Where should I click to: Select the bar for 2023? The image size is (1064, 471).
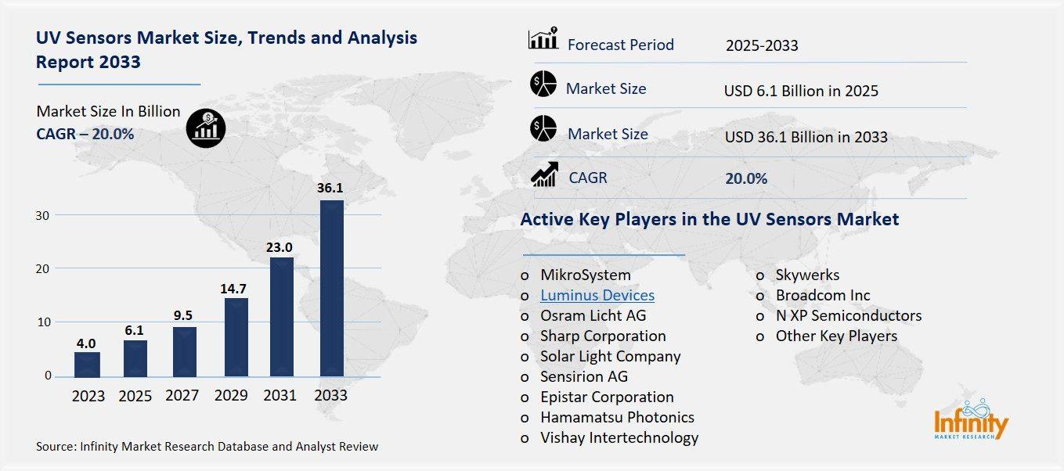point(87,364)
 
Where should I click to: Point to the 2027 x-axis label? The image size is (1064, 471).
point(182,396)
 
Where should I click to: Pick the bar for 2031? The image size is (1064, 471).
point(282,317)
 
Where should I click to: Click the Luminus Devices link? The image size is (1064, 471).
point(597,295)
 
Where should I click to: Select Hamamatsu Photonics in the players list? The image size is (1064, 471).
point(617,417)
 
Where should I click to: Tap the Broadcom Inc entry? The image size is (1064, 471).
point(823,295)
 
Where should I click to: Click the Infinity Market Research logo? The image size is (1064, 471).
point(971,422)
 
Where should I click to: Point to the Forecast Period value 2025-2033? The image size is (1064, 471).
point(762,45)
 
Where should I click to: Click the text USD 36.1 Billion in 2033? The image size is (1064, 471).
point(806,137)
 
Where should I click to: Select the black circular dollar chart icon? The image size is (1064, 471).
point(206,128)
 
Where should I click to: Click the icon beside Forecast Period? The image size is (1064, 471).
point(543,38)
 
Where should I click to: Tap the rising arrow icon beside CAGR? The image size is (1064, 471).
point(543,174)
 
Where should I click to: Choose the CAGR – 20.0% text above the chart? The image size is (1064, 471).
point(85,135)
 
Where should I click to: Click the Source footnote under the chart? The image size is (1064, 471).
point(207,447)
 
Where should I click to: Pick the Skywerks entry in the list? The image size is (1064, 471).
point(807,275)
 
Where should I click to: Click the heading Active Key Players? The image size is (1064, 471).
point(709,219)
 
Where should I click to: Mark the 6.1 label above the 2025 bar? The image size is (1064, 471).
point(135,331)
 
